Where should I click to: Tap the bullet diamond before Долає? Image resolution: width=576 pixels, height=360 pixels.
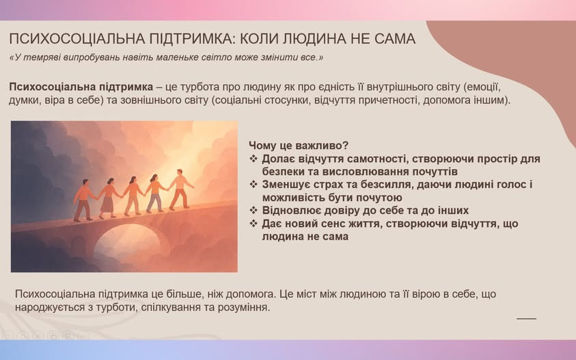253,158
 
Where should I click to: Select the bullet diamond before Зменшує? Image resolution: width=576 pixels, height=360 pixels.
253,184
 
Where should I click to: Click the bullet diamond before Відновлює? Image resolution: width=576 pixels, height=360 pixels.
253,210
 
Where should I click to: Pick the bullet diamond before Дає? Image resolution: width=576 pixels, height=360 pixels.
253,223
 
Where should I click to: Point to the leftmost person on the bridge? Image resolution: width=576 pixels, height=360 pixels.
83,200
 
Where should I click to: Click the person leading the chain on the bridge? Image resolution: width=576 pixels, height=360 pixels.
180,189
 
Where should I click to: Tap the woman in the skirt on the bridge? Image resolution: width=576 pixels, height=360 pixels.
109,198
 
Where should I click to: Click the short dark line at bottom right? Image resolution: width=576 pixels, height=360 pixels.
526,319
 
